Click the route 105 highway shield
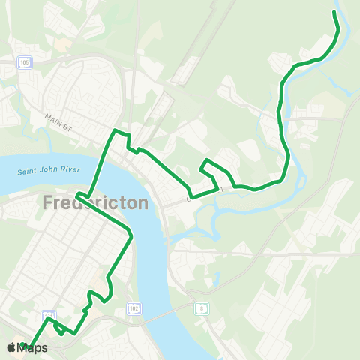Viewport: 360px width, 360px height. point(26,63)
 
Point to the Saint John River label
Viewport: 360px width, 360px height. point(49,171)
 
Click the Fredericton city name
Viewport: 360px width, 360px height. point(95,203)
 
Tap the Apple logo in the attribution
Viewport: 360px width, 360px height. point(11,347)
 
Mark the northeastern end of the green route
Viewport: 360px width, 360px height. point(334,12)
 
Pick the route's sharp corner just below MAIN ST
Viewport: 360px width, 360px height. point(114,131)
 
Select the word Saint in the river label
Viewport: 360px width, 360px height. point(28,172)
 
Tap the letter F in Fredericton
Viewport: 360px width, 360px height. point(48,203)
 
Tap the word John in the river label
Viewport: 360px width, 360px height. point(49,171)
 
